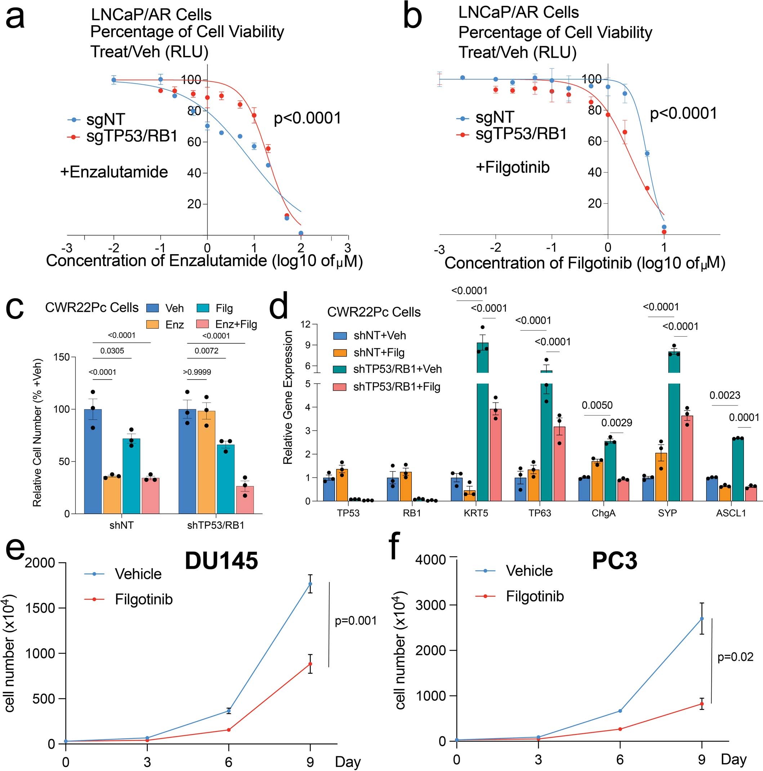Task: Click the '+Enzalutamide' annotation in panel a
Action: pos(114,172)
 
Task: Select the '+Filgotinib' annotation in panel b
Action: pos(513,167)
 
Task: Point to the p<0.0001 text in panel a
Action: pos(307,118)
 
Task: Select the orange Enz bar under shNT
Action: pos(112,495)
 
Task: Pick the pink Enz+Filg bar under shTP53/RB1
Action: pos(245,500)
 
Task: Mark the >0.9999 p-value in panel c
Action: pos(197,372)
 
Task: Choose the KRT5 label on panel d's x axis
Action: pos(476,513)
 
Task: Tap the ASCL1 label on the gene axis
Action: pos(731,513)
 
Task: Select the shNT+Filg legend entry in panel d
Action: pos(379,353)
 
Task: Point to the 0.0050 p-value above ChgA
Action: pos(597,406)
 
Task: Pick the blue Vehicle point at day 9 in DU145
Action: pos(310,584)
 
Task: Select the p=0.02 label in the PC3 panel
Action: pos(735,656)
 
